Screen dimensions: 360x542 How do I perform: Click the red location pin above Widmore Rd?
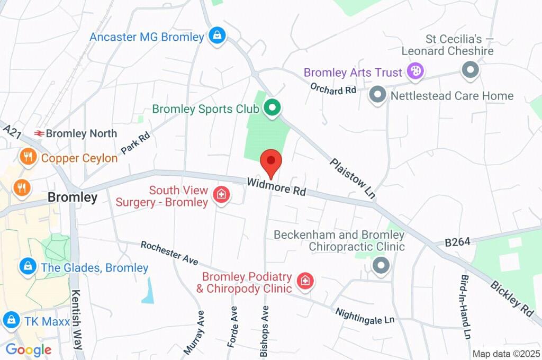tap(271, 161)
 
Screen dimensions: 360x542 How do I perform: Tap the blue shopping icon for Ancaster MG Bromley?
tap(216, 37)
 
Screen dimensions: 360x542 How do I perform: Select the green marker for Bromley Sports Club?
tap(272, 109)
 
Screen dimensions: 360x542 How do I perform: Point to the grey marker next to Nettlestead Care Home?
tap(377, 95)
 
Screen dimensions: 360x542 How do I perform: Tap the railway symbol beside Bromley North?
tap(39, 133)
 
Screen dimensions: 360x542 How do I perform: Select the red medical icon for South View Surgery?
tap(221, 195)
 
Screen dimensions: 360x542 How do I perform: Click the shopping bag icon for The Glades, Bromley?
tap(27, 267)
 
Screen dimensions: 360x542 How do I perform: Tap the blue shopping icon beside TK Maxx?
tap(11, 319)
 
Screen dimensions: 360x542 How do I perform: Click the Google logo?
tap(28, 350)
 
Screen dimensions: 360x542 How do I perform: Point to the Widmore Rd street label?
tap(276, 187)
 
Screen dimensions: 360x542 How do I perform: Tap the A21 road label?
tap(12, 130)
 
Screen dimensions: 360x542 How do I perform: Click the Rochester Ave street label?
tap(169, 253)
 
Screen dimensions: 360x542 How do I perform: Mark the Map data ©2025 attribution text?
tap(505, 354)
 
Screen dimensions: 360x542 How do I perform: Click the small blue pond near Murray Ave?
tap(148, 292)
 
